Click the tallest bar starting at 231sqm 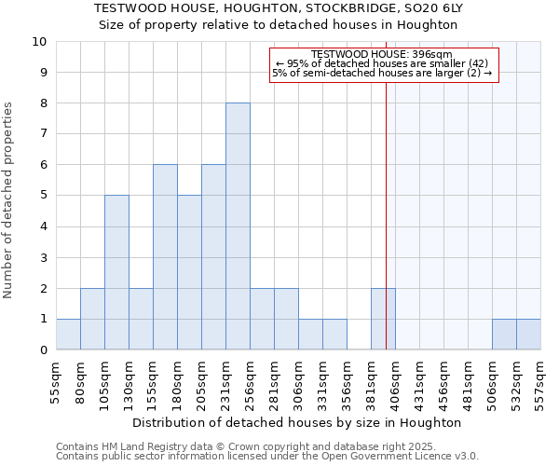point(238,226)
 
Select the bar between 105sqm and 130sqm point(116,272)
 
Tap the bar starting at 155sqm point(165,257)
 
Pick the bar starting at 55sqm point(68,335)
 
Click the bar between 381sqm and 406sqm point(383,319)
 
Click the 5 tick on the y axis point(43,196)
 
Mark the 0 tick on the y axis point(43,350)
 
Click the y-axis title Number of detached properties point(9,201)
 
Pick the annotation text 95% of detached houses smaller point(384,63)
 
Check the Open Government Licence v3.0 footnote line point(266,457)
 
